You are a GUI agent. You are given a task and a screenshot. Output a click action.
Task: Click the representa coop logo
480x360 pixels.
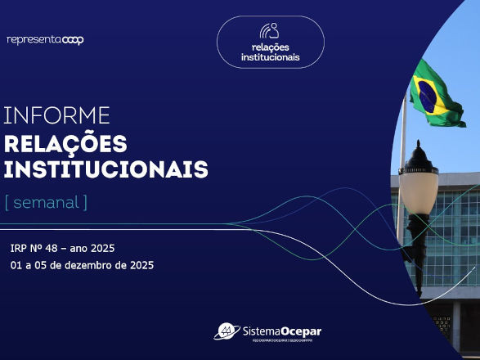coord(45,39)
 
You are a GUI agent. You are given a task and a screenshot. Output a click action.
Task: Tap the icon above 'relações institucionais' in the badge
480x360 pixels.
coord(270,31)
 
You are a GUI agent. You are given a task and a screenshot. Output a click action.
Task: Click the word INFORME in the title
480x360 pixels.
coord(56,115)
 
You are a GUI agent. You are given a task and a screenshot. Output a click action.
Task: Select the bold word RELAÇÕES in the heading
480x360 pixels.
coord(65,144)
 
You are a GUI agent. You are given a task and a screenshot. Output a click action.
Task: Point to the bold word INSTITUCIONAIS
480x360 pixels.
coord(105,169)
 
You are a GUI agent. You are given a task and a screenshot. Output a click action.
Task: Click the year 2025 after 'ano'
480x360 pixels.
coord(101,248)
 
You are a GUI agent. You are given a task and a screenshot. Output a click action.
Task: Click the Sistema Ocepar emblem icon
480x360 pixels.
coord(226,331)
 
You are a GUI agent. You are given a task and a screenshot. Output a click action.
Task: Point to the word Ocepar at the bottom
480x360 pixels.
coord(299,331)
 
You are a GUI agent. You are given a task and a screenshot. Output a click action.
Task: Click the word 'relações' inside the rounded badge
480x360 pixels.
coord(270,47)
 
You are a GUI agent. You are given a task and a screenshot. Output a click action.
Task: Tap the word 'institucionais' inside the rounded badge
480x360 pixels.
coord(270,57)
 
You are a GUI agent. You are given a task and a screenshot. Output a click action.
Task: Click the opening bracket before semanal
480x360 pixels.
coord(7,201)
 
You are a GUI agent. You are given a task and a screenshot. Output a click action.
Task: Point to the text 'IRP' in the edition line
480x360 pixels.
coord(19,248)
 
